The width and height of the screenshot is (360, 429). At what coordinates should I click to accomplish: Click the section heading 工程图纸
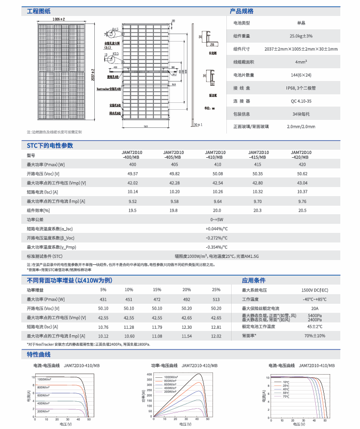[38, 11]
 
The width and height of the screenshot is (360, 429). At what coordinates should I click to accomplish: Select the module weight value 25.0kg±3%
[301, 36]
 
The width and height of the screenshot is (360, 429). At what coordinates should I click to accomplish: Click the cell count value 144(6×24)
[301, 75]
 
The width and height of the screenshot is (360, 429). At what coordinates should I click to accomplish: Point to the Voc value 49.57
[133, 174]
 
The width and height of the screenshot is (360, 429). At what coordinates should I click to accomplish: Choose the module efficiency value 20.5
[302, 211]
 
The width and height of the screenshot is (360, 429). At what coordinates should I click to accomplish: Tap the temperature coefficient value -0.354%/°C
[216, 247]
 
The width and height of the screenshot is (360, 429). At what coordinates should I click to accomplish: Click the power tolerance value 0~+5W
[216, 220]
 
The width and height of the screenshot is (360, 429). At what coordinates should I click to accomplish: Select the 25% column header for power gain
[216, 289]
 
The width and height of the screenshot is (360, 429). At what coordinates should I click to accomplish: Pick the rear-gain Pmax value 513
[216, 299]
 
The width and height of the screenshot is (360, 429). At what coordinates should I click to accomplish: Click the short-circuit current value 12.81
[216, 327]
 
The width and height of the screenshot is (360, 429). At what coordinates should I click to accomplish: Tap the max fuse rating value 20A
[315, 308]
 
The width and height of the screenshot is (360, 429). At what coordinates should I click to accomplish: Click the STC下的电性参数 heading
[50, 145]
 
